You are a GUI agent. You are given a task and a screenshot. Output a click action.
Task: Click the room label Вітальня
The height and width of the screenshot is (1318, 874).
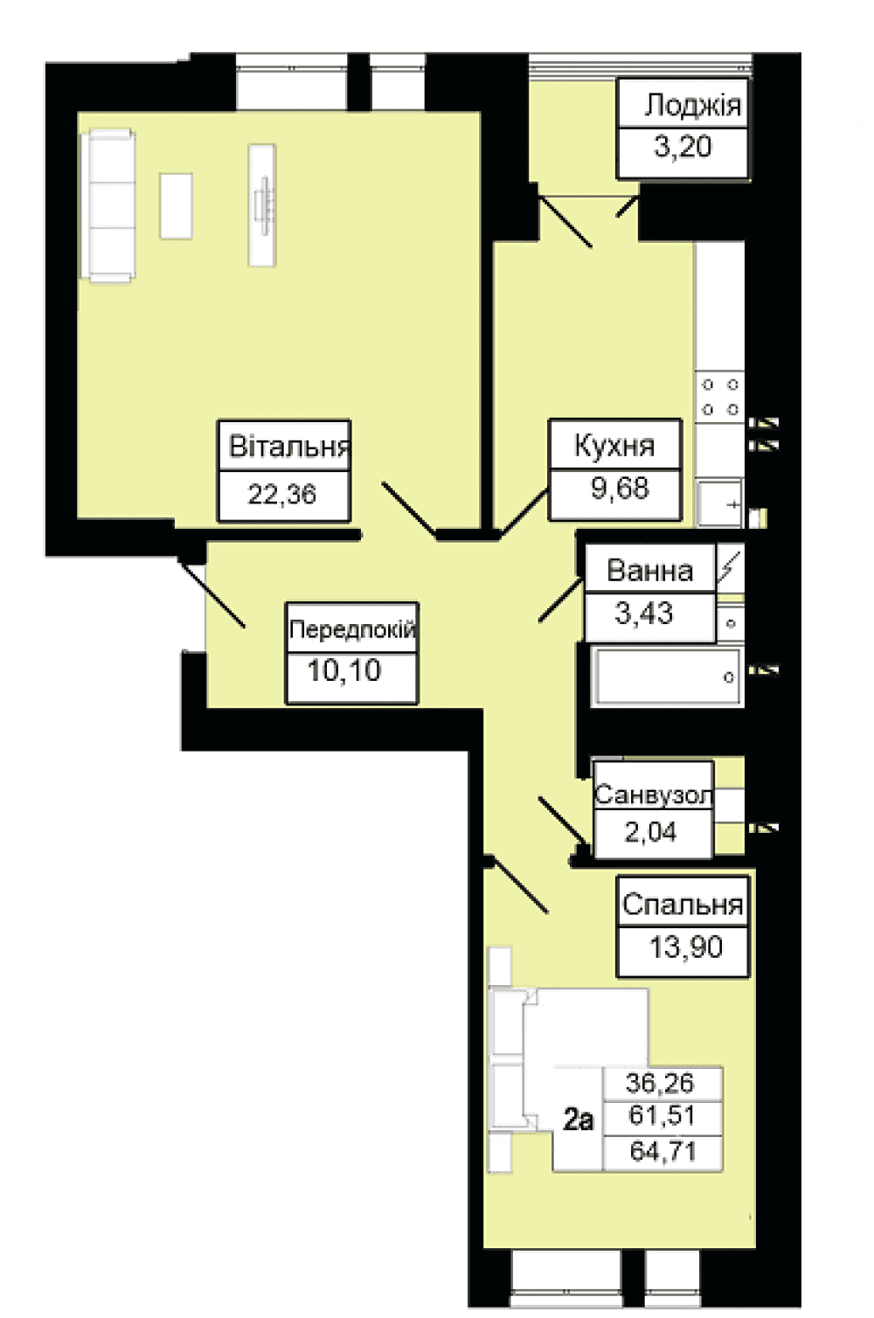289,446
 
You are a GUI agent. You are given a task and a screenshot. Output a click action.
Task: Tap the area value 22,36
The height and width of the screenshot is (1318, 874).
282,494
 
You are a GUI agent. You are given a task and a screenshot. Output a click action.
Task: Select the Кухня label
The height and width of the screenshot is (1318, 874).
614,446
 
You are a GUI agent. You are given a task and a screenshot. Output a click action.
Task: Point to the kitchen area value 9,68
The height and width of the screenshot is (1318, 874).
620,488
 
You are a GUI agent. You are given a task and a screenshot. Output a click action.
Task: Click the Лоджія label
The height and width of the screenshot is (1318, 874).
692,106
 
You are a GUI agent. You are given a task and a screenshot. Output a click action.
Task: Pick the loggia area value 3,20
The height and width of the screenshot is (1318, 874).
683,146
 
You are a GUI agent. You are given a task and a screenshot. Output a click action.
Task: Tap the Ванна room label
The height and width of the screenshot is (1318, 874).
649,571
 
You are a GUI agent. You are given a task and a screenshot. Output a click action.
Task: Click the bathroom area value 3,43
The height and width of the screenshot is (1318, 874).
643,613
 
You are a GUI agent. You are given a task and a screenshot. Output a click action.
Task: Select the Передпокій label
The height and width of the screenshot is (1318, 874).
352,629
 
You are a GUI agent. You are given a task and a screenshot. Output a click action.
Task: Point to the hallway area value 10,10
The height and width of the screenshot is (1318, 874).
344,670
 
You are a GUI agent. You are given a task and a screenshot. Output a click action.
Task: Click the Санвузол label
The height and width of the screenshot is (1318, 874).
653,795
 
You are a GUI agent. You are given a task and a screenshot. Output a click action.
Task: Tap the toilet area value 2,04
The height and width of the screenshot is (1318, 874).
650,832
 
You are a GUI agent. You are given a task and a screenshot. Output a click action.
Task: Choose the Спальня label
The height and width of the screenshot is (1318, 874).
683,905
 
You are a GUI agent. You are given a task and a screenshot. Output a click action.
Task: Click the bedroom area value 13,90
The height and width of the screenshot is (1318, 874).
686,947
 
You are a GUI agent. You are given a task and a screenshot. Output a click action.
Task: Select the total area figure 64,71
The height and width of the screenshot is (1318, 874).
662,1151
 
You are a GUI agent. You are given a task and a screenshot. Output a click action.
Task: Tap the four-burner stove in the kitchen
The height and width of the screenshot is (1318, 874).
720,397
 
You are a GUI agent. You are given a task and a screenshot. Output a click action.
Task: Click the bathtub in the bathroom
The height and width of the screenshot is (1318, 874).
668,676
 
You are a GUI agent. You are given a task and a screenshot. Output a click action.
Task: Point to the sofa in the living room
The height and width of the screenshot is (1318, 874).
112,206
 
